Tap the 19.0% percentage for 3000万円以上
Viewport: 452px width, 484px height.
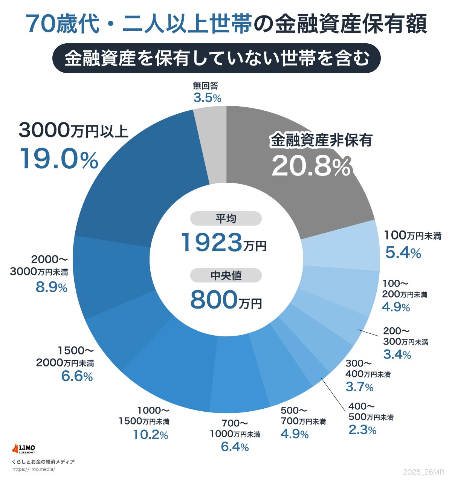(x=59, y=159)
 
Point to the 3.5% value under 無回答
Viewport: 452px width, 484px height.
(x=207, y=98)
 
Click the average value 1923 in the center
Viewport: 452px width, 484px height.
(x=212, y=243)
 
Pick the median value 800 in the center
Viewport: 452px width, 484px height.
(x=214, y=300)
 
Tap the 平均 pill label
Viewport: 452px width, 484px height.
(x=226, y=219)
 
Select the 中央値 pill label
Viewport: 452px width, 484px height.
(x=226, y=276)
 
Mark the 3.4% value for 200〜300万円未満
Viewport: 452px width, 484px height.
(x=397, y=354)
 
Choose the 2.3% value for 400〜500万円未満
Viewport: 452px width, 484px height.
(x=362, y=430)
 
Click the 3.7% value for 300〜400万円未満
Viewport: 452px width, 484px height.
(x=359, y=386)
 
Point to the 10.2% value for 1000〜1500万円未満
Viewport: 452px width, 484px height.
(x=150, y=435)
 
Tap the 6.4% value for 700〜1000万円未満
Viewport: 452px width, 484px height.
(x=235, y=447)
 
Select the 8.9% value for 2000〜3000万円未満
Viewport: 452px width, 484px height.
(x=52, y=288)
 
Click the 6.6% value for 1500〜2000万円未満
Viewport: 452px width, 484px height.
(x=77, y=376)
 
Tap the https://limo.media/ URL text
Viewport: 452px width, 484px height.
(x=34, y=469)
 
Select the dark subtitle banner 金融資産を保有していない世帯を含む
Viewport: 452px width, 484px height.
(x=216, y=58)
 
